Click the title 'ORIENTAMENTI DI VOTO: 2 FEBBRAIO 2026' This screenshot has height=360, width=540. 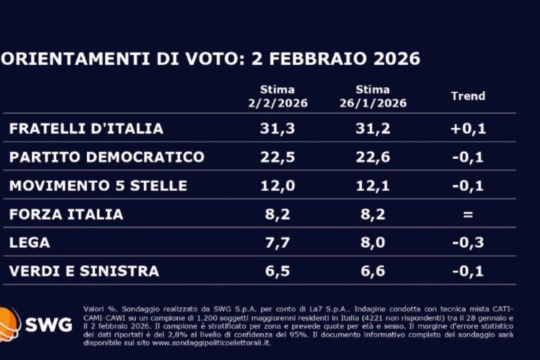point(210,59)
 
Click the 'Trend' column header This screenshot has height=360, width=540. point(468,96)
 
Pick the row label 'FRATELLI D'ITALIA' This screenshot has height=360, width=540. point(86,129)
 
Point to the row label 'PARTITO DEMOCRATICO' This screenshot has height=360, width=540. point(106,157)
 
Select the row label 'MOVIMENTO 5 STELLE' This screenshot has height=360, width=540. point(97,185)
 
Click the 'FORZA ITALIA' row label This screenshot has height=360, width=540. point(66,214)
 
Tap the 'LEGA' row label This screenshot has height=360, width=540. point(30,243)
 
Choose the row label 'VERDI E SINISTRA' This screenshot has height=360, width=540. point(84,271)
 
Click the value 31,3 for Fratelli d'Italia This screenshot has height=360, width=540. point(278,129)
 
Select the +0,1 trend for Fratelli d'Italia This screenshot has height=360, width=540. point(468,129)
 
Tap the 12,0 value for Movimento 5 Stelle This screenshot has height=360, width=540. point(278,185)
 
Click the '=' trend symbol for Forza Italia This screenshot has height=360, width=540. point(468,214)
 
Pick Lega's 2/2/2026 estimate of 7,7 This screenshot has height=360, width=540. point(278,243)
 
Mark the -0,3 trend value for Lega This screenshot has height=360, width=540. point(468,243)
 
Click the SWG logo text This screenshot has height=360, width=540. point(58,325)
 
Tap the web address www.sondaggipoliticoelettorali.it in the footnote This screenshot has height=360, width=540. point(212,343)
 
